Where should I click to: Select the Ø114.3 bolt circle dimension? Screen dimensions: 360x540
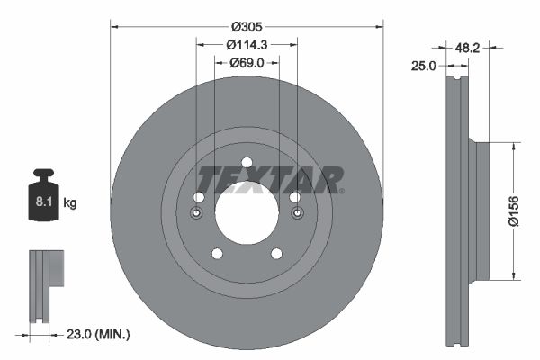(246, 43)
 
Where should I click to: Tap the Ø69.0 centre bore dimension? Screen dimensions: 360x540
(246, 62)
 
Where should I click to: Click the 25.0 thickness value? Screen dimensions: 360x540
(424, 66)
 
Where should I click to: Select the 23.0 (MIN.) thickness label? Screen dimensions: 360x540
(99, 334)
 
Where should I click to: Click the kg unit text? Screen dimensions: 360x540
(70, 203)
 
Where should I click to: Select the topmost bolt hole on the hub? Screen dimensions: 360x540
(246, 165)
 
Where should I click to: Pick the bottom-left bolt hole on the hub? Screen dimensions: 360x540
(216, 254)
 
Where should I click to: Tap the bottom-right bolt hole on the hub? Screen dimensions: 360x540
(276, 254)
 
